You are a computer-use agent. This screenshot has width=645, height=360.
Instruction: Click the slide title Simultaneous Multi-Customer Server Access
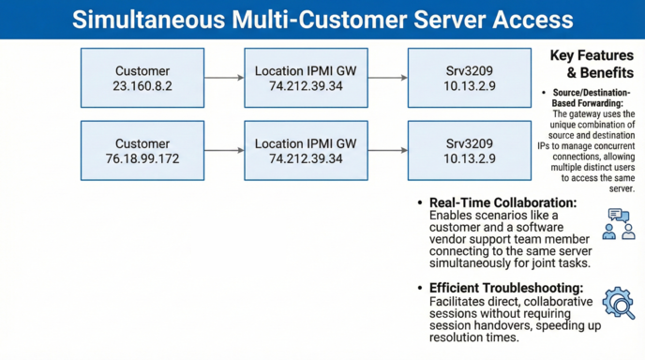coord(322,19)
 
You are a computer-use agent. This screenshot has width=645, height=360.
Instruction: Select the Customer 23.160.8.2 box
coord(142,78)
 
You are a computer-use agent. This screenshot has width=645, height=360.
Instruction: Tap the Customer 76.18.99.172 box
coord(142,151)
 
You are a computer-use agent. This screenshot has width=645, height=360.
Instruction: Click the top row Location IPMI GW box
coord(307,78)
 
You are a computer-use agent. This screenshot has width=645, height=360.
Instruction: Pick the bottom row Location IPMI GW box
coord(307,151)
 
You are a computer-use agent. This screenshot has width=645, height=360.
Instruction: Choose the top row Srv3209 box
coord(459,78)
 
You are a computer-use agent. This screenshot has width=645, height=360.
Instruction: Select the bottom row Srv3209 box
coord(459,151)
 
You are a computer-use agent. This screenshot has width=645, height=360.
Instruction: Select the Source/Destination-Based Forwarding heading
coord(593,98)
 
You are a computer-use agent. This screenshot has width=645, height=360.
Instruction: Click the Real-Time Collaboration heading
coord(502,203)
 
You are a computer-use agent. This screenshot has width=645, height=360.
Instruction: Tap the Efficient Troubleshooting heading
coord(506,288)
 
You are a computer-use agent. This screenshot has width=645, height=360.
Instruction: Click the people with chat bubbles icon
coord(617,224)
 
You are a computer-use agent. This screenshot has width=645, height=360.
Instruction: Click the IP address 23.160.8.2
coord(142,85)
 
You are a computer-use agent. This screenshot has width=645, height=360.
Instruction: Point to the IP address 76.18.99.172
coord(142,158)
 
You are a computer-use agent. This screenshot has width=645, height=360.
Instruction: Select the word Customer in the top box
coord(142,70)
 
